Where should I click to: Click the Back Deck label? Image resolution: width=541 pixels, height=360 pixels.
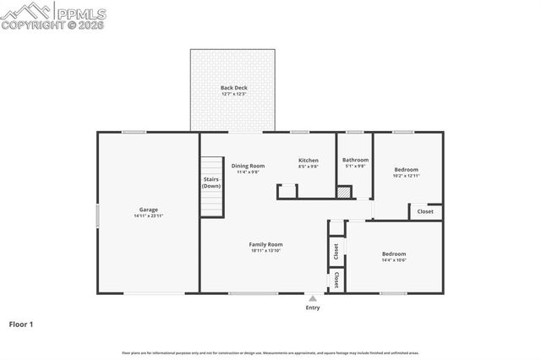click(232, 87)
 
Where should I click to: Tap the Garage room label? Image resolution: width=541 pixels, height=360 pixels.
click(149, 210)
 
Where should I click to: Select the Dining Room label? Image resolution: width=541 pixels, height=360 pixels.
click(248, 166)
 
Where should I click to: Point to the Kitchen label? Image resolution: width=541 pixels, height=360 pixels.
click(308, 160)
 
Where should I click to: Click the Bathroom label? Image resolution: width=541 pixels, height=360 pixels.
click(355, 160)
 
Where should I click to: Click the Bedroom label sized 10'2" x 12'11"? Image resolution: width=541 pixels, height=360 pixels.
click(406, 169)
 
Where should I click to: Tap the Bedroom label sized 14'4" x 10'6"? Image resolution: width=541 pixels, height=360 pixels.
click(394, 254)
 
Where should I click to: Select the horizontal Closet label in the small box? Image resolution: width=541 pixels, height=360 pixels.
click(425, 211)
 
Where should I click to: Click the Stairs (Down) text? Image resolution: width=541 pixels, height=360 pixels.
click(211, 182)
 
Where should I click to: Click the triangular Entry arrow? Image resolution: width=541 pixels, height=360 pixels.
click(313, 297)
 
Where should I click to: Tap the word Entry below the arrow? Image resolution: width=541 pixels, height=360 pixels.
click(313, 308)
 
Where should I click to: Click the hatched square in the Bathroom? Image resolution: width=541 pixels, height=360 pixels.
click(343, 192)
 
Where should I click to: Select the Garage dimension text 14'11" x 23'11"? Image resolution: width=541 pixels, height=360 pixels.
click(149, 216)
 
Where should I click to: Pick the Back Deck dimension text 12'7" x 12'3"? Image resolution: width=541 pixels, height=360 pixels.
click(232, 94)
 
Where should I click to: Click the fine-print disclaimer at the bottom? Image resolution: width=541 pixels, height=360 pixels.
click(270, 352)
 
